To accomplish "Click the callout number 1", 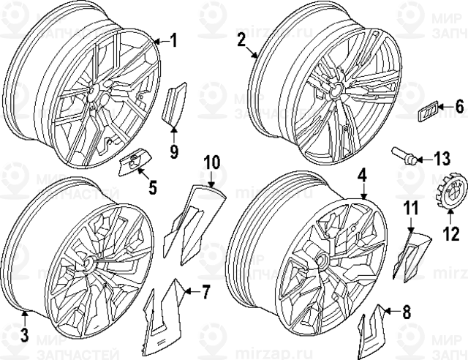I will point(174,40).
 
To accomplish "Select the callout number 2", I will point(241,41).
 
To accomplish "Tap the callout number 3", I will point(24,335).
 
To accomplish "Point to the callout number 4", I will point(361,175).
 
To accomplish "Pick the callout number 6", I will point(459,107).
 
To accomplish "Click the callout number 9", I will point(174,152).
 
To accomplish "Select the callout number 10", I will point(211,160).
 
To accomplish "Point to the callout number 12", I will point(451,235).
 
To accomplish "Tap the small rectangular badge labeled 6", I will point(428,111).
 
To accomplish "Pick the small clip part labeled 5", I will point(132,163).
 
